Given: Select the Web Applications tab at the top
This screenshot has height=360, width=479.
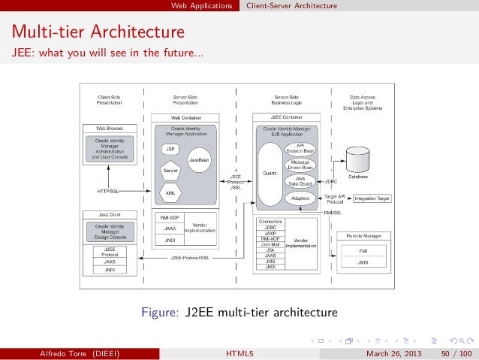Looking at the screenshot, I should point(201,6).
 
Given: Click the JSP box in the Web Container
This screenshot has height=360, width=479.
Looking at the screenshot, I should point(170,149).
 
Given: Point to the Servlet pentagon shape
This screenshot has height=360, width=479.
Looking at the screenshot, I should point(170,171).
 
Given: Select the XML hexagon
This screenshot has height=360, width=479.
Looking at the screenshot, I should point(170,192).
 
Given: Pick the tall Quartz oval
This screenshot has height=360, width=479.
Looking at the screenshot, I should point(270,173).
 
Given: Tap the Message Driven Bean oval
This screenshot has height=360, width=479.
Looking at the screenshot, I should point(300,165).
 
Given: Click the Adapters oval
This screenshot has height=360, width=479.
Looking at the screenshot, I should point(300,198).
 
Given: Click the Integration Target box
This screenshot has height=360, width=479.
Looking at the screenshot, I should point(372,198).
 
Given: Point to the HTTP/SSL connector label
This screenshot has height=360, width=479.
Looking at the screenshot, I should point(110,192).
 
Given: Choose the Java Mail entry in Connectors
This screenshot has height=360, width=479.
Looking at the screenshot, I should point(271,244).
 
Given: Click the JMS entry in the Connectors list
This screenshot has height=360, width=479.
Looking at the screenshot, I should point(271,261).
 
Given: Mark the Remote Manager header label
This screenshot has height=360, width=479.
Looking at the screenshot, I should point(363,236).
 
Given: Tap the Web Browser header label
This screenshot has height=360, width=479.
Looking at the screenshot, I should point(110,129).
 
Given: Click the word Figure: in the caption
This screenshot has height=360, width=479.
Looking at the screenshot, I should point(158,312).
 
